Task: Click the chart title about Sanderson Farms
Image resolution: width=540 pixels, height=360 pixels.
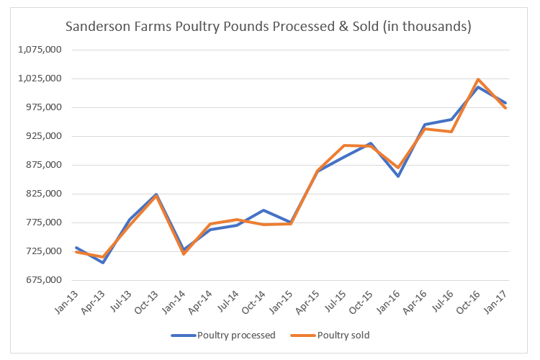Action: [269, 27]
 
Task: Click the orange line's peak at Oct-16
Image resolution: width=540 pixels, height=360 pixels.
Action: [479, 79]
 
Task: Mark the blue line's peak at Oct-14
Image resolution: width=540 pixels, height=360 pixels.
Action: [264, 210]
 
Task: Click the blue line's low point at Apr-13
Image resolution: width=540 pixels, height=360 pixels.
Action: [103, 263]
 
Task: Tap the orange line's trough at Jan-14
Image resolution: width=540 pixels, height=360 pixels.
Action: [184, 254]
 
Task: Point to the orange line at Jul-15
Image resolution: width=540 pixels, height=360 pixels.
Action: [344, 145]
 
